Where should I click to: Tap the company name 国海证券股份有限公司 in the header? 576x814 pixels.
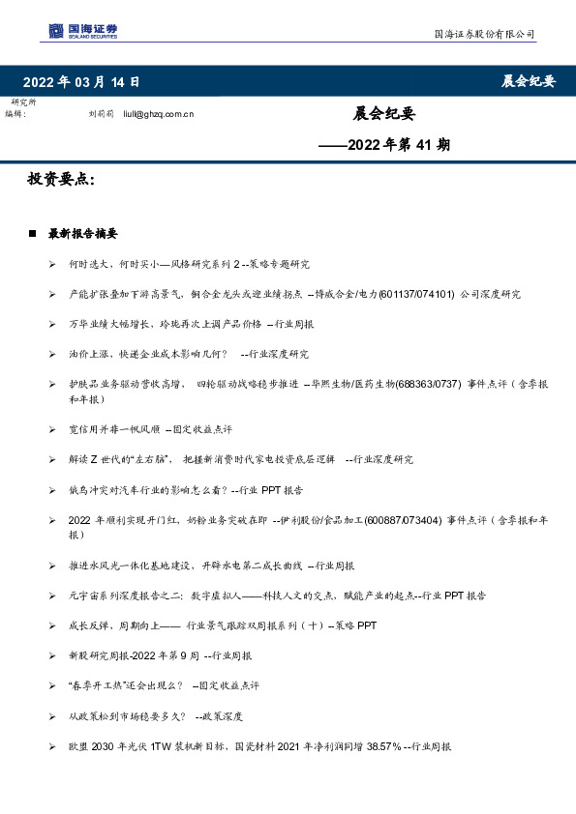point(483,34)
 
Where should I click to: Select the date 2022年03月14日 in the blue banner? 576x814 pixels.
point(81,82)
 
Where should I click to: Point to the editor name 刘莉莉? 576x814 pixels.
point(101,114)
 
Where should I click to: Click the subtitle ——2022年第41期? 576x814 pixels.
point(384,146)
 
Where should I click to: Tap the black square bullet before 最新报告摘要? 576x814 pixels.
point(33,234)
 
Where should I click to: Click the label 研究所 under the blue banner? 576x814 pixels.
point(24,102)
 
